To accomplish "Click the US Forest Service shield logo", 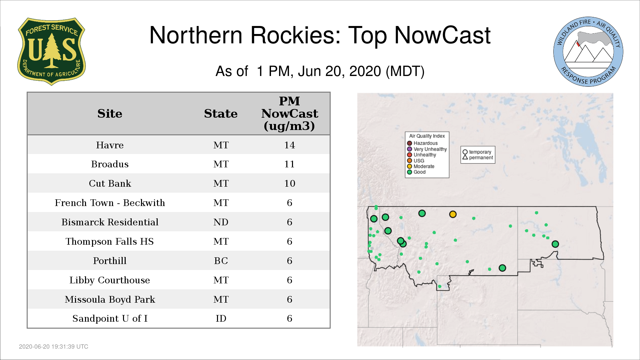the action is click(x=51, y=52).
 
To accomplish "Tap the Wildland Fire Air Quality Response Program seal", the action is click(x=588, y=52).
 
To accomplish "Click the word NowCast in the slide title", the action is click(x=442, y=35).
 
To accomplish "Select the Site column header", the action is click(x=110, y=114).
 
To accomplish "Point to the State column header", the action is click(x=221, y=114).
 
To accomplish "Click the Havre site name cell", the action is click(x=110, y=145).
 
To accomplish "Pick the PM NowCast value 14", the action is click(x=289, y=145).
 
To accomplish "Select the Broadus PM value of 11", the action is click(x=289, y=164).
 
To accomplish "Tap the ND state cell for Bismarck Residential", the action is click(x=221, y=222).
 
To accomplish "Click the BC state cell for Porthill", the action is click(x=221, y=261).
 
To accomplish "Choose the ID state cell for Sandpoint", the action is click(x=221, y=318).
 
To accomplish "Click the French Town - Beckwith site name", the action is click(x=110, y=203).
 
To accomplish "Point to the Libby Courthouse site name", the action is click(x=110, y=280).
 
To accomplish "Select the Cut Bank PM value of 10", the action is click(x=289, y=183).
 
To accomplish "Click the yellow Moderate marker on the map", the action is click(x=453, y=214).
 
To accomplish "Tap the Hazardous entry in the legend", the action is click(x=422, y=143).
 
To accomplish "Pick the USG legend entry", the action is click(x=416, y=161).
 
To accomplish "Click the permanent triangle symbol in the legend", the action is click(x=465, y=157).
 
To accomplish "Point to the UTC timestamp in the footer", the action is click(x=54, y=347).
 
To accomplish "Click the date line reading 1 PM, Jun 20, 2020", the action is click(x=320, y=71).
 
